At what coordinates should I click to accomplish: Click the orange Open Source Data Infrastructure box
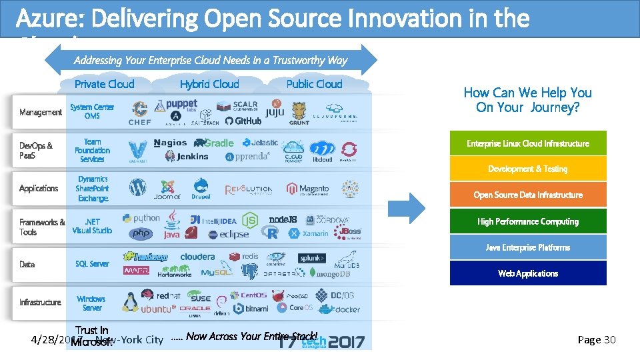click(527, 195)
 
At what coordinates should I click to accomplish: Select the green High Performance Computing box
click(527, 221)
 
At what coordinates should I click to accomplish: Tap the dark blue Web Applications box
click(527, 273)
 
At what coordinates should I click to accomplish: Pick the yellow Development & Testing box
click(527, 169)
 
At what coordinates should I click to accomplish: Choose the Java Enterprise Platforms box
click(527, 247)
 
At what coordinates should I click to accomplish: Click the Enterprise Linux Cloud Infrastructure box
click(527, 143)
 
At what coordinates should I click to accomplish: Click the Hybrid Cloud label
click(209, 84)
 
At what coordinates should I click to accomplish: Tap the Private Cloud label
click(104, 84)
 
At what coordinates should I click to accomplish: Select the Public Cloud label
click(314, 84)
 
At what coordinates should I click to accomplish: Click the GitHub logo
click(243, 121)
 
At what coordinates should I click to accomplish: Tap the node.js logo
click(283, 219)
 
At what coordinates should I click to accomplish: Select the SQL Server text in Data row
click(92, 264)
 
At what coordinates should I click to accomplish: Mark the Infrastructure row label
click(40, 303)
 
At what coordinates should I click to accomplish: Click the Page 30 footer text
click(597, 340)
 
